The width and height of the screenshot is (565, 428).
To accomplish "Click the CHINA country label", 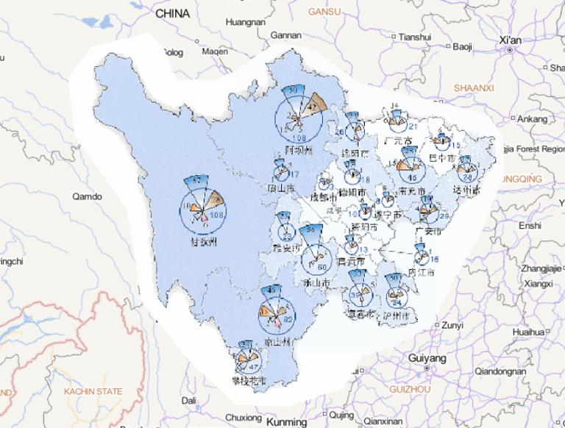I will point(172,13).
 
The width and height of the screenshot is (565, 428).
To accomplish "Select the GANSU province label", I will point(325,12).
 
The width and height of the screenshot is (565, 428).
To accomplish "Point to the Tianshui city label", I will point(413,36).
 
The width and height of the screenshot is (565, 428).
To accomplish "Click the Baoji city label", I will point(462,47).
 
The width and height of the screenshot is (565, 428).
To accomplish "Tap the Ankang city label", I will point(533,118).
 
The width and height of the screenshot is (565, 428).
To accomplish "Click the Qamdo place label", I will point(88,196).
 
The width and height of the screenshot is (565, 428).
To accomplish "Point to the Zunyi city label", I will point(452,325).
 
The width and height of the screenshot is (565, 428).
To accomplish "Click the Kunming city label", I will point(286,422).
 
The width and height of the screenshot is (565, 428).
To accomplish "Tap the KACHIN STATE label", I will point(93,392).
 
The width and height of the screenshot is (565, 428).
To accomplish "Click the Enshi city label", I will point(529,226).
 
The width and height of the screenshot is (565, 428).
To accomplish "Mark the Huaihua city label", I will point(527,332).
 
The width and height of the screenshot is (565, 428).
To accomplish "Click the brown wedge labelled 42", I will point(316,104).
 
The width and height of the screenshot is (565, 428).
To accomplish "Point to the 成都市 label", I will point(323,198).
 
